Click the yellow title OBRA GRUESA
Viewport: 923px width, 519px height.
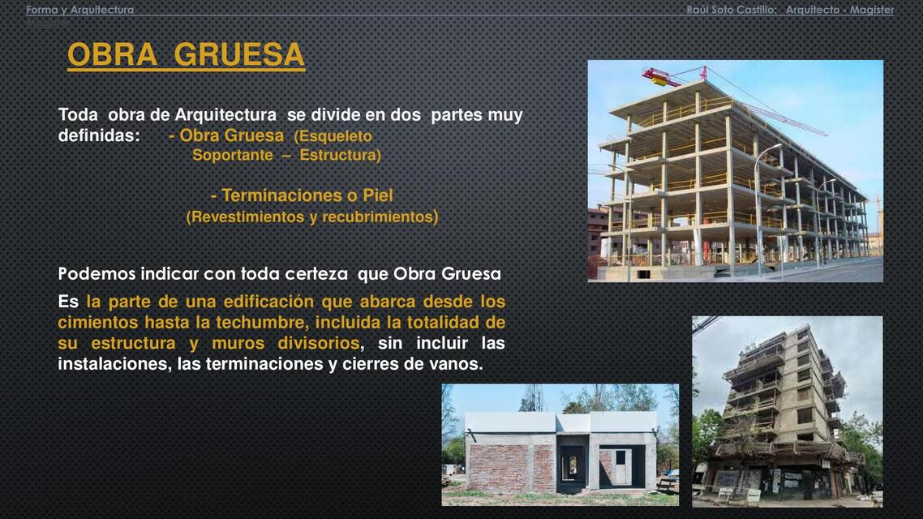coord(186,55)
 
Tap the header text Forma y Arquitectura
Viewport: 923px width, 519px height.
coord(79,10)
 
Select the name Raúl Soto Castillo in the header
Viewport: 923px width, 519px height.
coord(731,10)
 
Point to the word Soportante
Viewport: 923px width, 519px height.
coord(232,155)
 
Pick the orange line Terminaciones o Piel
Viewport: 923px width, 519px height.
coord(302,195)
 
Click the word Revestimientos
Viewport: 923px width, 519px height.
coord(243,217)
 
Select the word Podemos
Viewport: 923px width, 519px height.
coord(97,273)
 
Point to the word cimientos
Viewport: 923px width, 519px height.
coord(97,323)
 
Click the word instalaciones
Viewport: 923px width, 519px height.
coord(114,364)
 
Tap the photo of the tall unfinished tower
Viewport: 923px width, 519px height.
coord(787,411)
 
